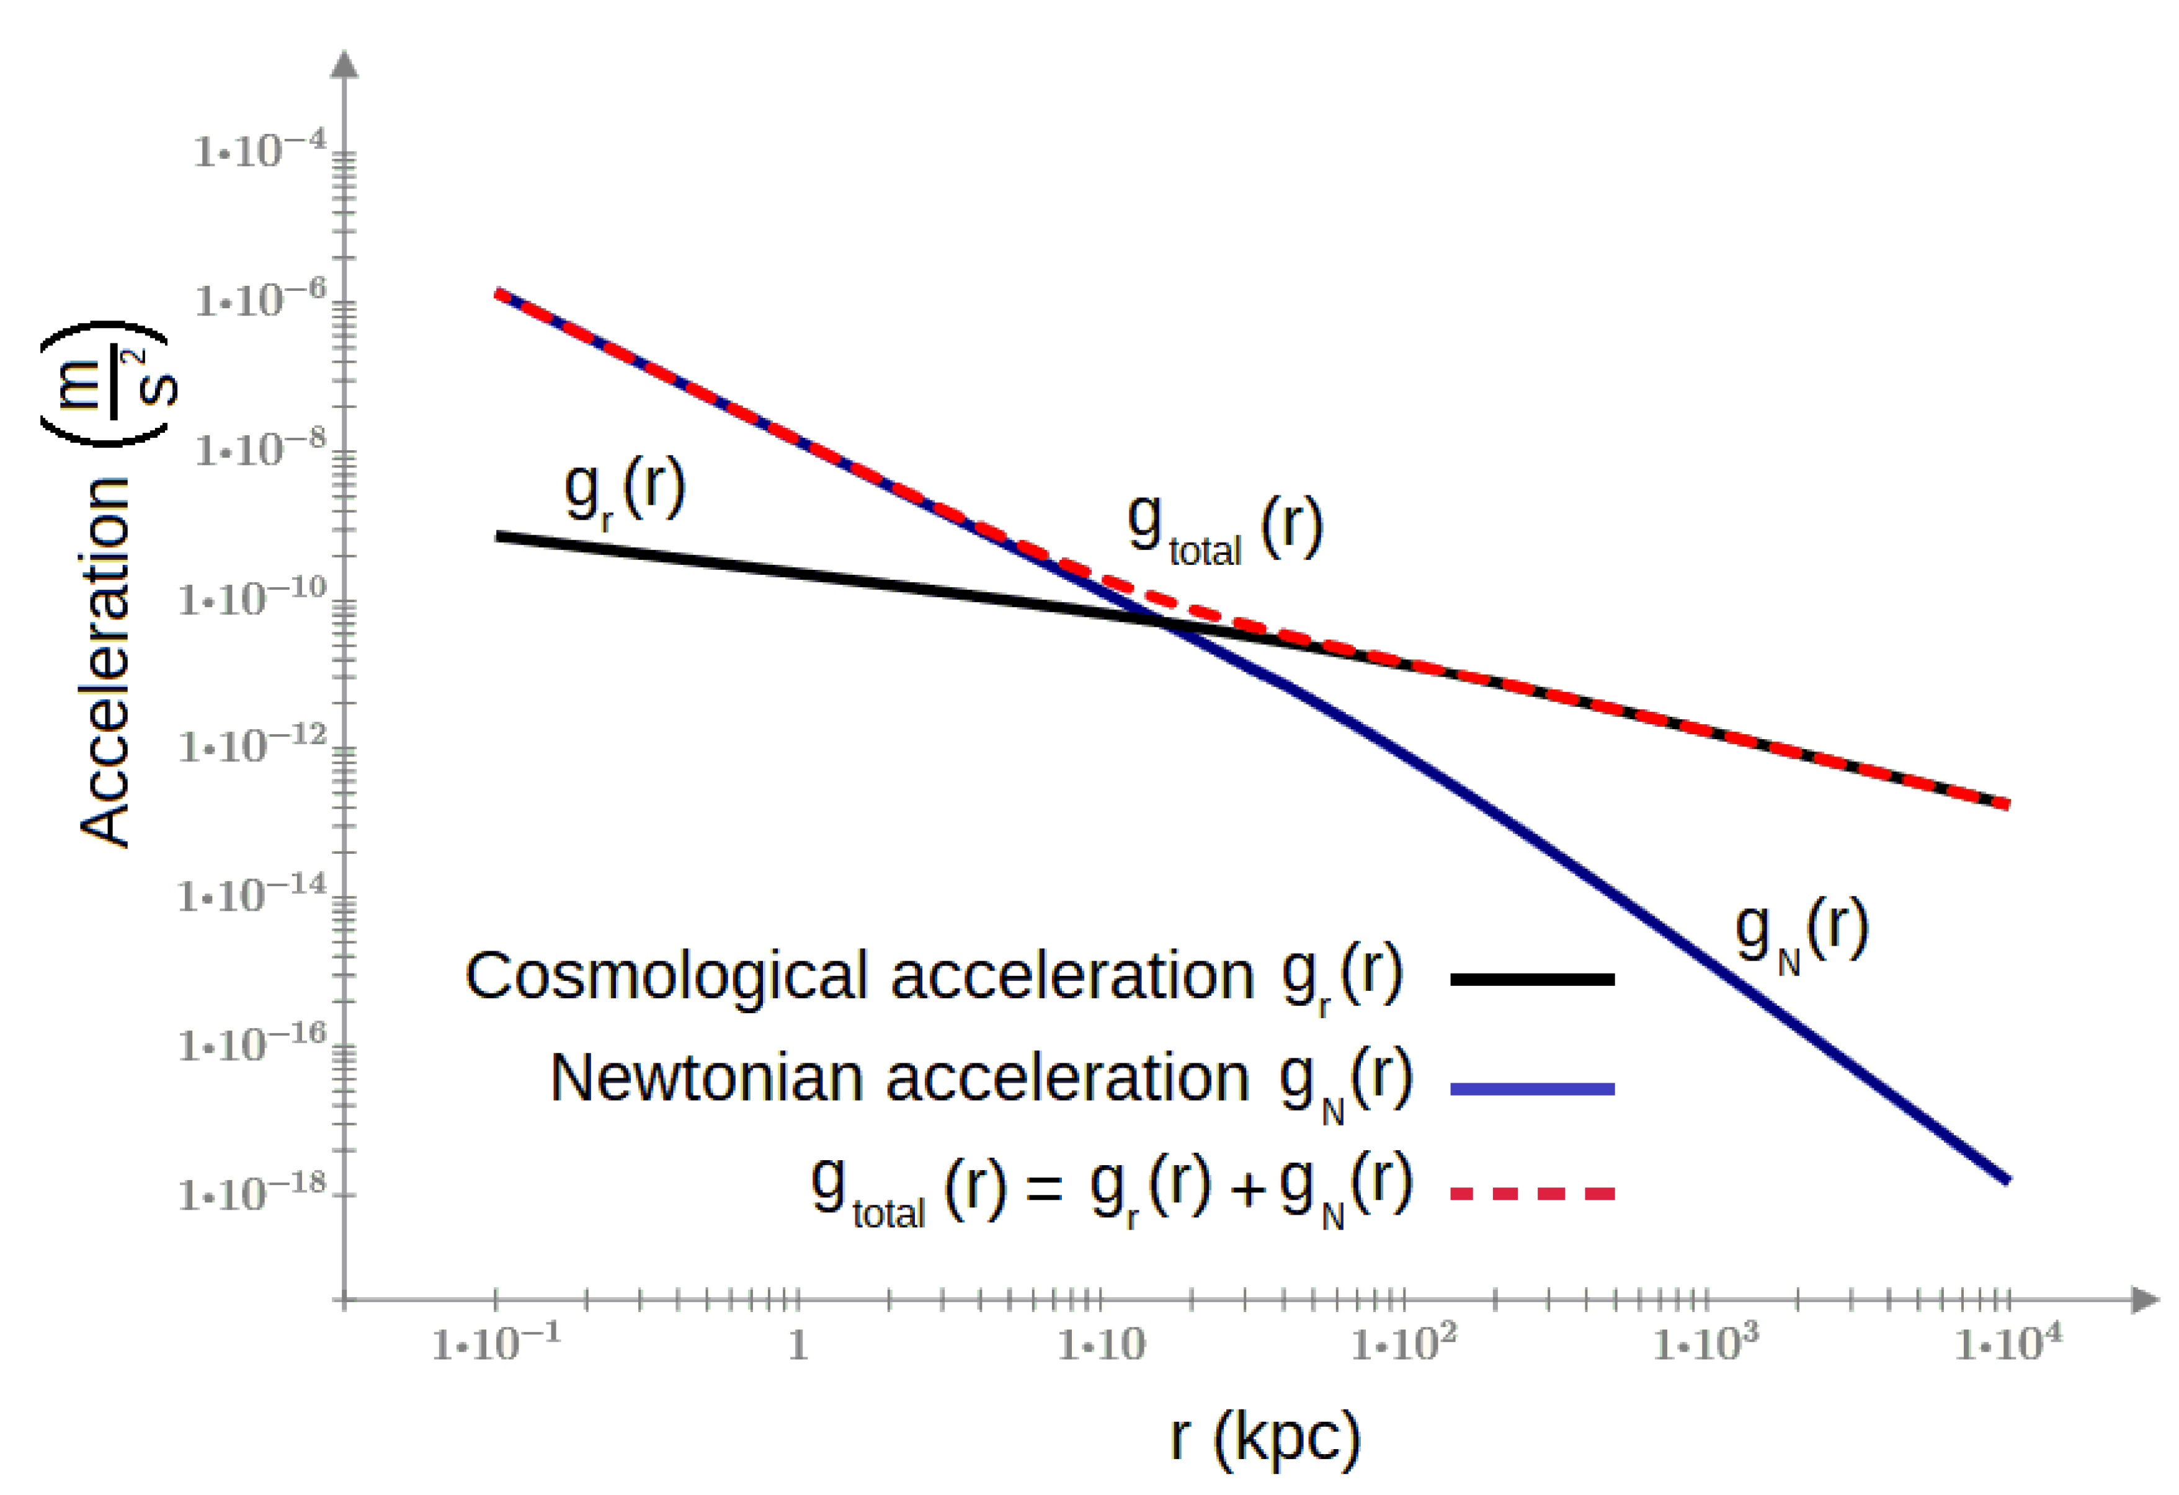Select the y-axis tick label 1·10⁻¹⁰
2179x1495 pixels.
251,597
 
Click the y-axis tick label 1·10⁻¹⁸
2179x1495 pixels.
251,1192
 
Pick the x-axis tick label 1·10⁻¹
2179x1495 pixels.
495,1342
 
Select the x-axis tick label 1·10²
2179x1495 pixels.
1402,1342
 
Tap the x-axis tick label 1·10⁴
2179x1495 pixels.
2007,1342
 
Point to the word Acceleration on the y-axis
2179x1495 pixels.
105,662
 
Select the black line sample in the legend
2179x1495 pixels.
1531,978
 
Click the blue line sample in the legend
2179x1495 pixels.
1531,1088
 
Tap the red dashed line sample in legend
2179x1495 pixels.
1531,1193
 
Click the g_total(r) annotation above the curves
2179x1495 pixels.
1224,529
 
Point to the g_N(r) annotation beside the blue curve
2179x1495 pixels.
1800,933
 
